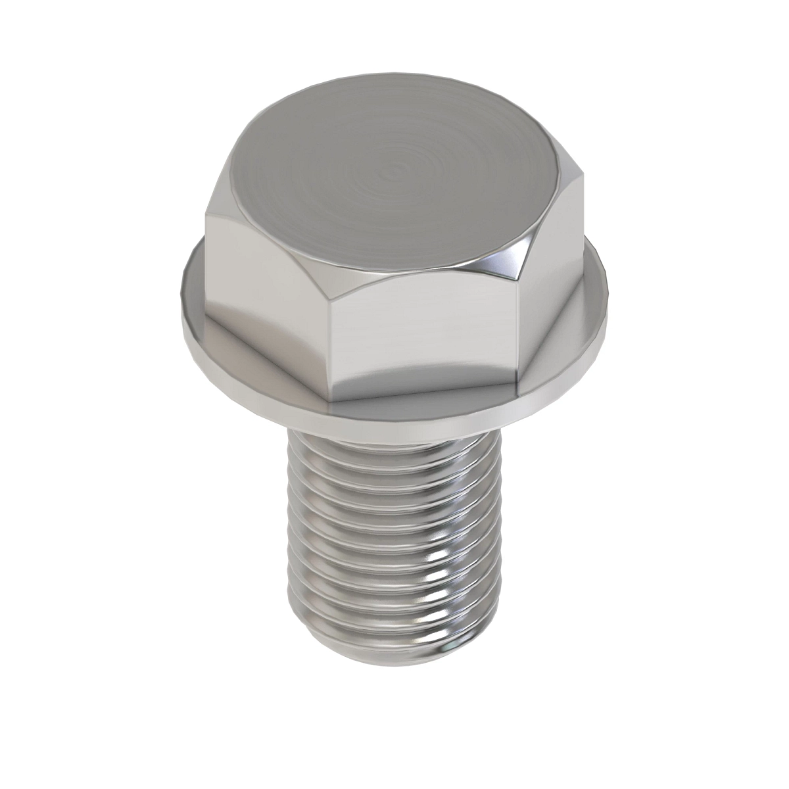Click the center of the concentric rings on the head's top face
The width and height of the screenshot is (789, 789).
pos(393,172)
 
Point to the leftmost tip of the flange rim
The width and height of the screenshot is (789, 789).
pos(179,289)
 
